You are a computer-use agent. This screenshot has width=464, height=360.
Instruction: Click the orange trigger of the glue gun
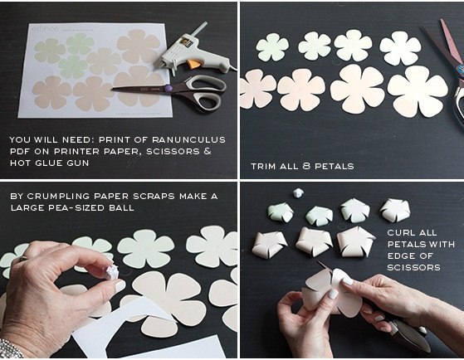[x=194, y=64]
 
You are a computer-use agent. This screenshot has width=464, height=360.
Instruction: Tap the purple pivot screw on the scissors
[x=168, y=88]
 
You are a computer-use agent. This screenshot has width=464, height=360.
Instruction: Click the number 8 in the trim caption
[x=306, y=166]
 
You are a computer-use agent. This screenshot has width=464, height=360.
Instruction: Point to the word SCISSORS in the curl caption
[x=413, y=267]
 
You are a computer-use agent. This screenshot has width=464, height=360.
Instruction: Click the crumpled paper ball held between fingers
[x=112, y=272]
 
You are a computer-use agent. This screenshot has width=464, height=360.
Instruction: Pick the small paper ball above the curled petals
[x=298, y=193]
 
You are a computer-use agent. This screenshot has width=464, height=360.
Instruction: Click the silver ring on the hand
[x=22, y=259]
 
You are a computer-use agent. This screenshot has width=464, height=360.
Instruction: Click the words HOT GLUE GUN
[x=50, y=163]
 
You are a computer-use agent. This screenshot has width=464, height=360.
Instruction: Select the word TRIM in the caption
[x=262, y=166]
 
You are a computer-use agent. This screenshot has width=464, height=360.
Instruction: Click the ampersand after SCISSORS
[x=208, y=151]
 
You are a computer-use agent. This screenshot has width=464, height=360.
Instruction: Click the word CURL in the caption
[x=400, y=232]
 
